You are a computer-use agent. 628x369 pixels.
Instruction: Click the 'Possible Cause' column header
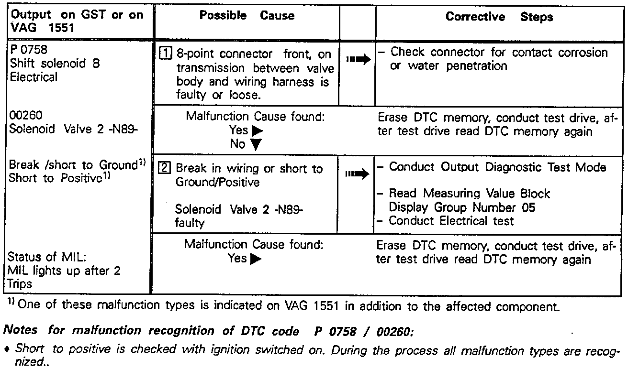click(247, 16)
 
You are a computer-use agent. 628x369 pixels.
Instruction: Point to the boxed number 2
click(164, 168)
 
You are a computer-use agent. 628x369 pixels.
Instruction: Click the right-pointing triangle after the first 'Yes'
click(257, 130)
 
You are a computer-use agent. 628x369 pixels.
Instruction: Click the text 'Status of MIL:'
click(47, 258)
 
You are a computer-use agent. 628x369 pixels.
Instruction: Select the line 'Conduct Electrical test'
click(451, 221)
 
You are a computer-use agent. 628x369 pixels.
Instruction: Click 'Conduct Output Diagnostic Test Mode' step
click(498, 167)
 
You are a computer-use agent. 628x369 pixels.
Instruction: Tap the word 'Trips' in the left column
click(21, 284)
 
